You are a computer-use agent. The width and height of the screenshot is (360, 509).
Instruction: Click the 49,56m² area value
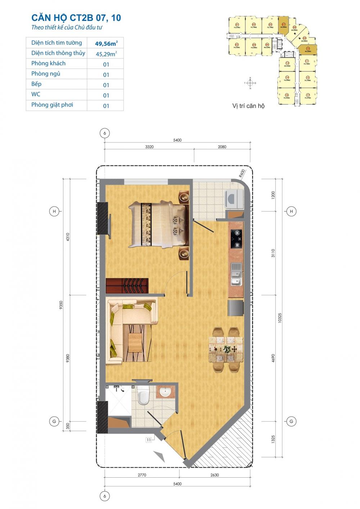coord(106,44)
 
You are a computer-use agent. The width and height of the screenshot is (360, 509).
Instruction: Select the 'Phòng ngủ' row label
coord(46,74)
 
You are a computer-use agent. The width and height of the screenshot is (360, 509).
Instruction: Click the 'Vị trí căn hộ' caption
coord(248,106)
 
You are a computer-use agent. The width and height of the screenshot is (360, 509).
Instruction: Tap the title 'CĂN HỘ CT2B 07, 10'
coord(76,18)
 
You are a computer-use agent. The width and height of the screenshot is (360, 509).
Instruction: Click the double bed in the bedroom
coord(158,224)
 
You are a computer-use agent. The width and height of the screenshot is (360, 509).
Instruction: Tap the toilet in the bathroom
coord(143,396)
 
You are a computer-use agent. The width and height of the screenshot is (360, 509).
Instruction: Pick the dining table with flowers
coord(226,349)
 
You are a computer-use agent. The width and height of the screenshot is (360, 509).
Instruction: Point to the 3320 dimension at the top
coord(149,147)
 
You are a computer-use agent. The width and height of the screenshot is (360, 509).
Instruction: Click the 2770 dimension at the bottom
coord(142,475)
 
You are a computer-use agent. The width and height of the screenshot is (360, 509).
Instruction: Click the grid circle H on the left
coord(54,211)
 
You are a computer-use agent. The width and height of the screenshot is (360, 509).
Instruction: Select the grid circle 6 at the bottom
coord(105,496)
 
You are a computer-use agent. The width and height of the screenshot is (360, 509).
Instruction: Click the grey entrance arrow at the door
coord(159,456)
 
